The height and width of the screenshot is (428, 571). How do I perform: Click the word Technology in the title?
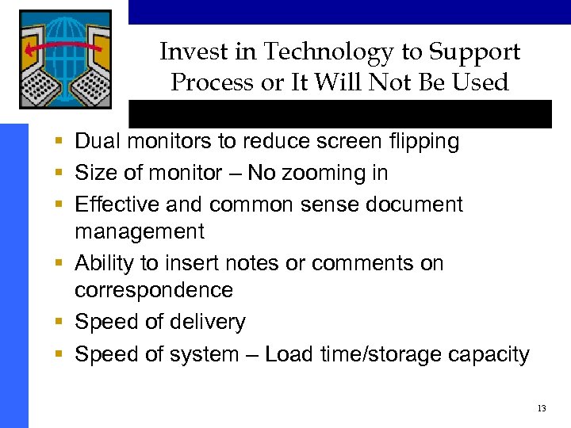(x=328, y=52)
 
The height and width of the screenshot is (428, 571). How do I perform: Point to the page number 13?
(x=542, y=408)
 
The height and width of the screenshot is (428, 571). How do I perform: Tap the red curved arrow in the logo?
(x=63, y=50)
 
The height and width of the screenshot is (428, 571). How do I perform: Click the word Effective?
(x=113, y=204)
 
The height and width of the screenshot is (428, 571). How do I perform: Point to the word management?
(x=140, y=232)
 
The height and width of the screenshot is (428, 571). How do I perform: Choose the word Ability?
(x=101, y=263)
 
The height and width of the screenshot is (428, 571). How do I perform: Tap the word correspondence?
(x=154, y=290)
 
